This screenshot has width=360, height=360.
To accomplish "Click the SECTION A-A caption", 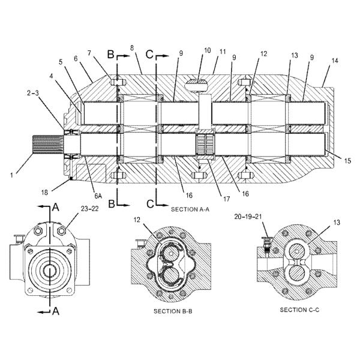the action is tap(190, 209).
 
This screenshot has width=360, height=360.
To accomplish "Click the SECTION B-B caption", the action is tap(173, 311).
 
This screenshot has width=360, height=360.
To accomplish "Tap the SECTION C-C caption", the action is tap(299, 310).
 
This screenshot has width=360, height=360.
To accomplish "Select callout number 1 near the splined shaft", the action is tap(12, 175).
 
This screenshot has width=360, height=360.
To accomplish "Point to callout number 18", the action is tap(44, 192).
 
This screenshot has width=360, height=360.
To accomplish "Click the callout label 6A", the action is tap(98, 196).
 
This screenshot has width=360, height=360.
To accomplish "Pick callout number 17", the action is tap(226, 199).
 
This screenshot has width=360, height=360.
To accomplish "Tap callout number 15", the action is tap(348, 160).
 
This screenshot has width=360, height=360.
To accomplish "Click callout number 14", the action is tap(335, 61).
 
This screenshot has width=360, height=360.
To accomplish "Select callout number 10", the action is tap(208, 50).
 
